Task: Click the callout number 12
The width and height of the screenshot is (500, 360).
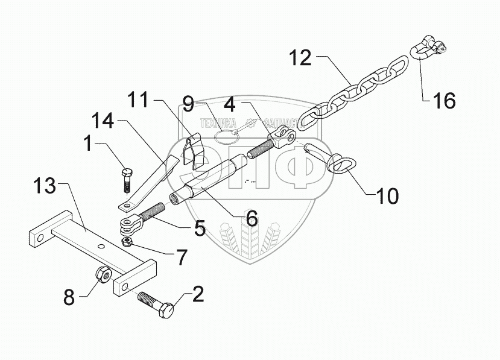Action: point(300,58)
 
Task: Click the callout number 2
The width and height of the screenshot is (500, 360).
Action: point(198,295)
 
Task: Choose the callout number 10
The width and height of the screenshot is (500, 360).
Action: point(386,195)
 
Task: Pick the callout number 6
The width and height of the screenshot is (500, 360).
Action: point(252,218)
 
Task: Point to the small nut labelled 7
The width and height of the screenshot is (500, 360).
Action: point(127,242)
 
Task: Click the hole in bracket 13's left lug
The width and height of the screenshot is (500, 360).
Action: point(40,239)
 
